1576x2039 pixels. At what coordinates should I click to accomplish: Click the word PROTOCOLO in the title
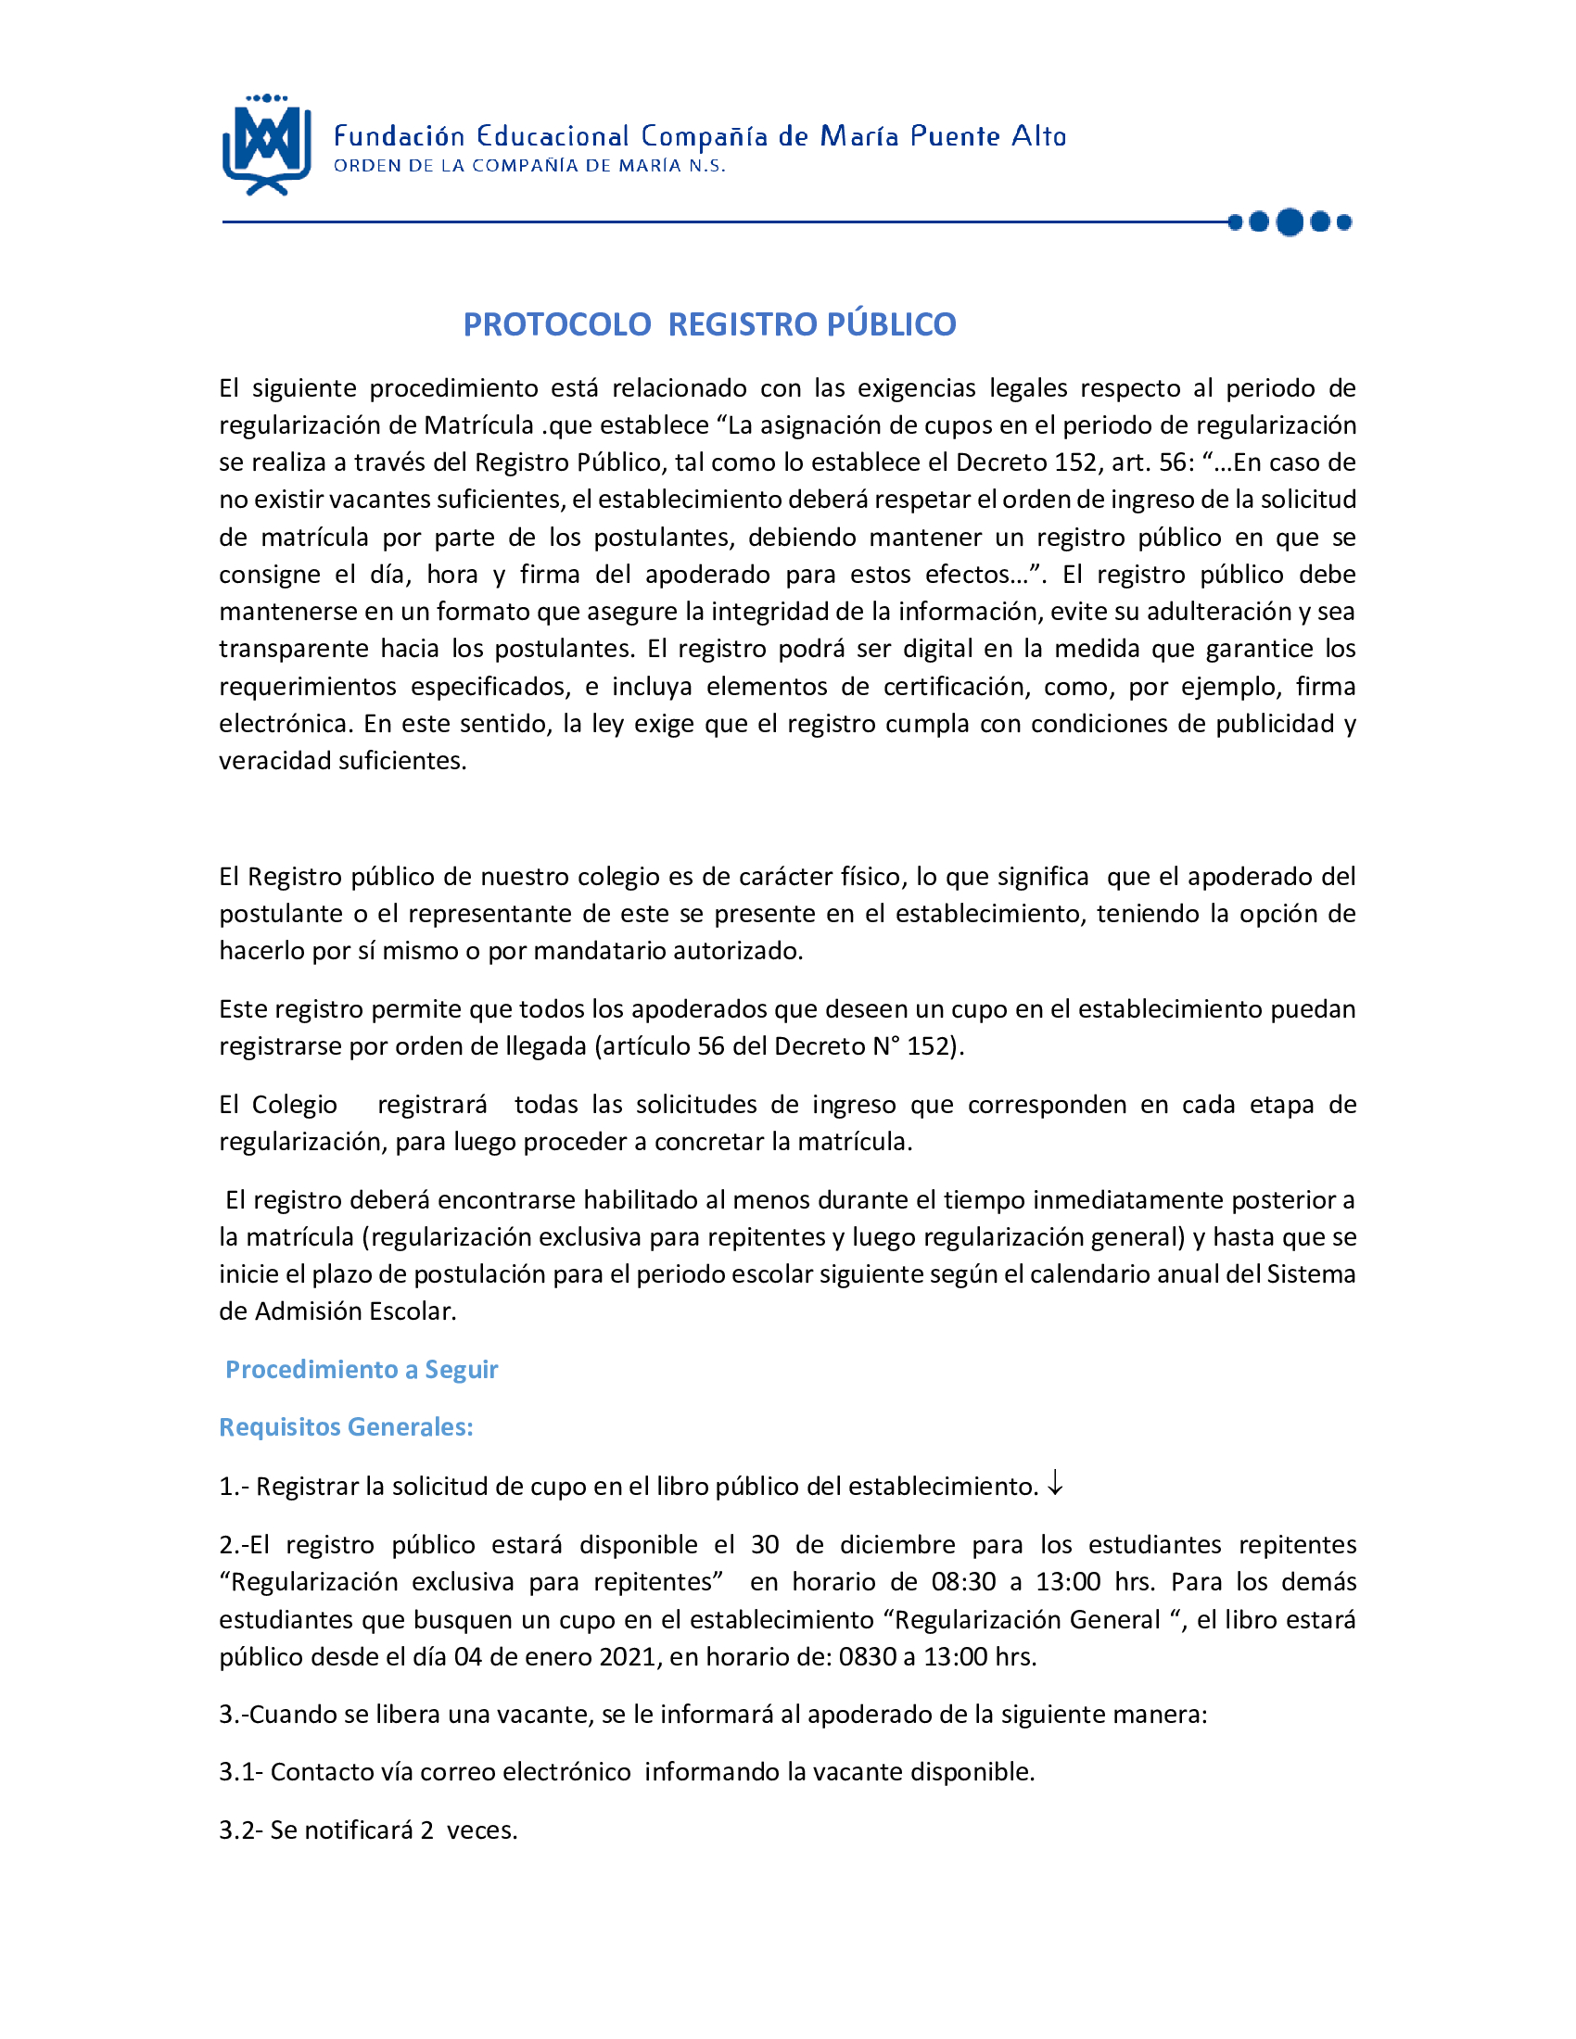(556, 324)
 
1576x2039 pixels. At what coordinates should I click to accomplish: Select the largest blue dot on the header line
(1290, 222)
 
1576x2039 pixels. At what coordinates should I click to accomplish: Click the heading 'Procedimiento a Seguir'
(362, 1370)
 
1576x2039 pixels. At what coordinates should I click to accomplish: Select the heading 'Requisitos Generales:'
(346, 1427)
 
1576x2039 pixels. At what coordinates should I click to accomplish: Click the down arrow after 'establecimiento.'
(1055, 1484)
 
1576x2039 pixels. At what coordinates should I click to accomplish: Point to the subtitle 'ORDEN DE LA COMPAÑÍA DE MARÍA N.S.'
(529, 166)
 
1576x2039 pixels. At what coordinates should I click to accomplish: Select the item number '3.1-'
(241, 1772)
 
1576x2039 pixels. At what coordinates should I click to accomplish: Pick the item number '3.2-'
(241, 1830)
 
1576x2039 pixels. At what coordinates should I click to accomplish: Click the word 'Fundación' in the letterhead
(399, 136)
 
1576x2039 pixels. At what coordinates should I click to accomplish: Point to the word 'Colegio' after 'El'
(294, 1105)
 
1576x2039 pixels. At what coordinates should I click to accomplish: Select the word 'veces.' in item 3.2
(482, 1830)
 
